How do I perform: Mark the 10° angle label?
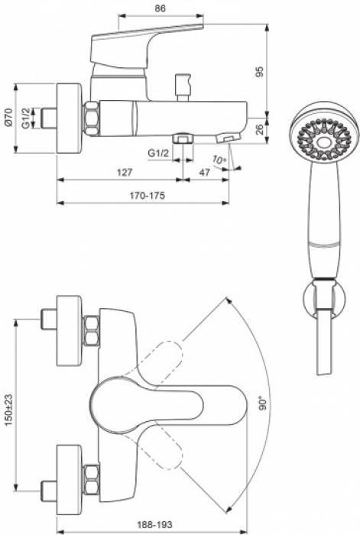220,159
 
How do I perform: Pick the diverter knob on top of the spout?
183,83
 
